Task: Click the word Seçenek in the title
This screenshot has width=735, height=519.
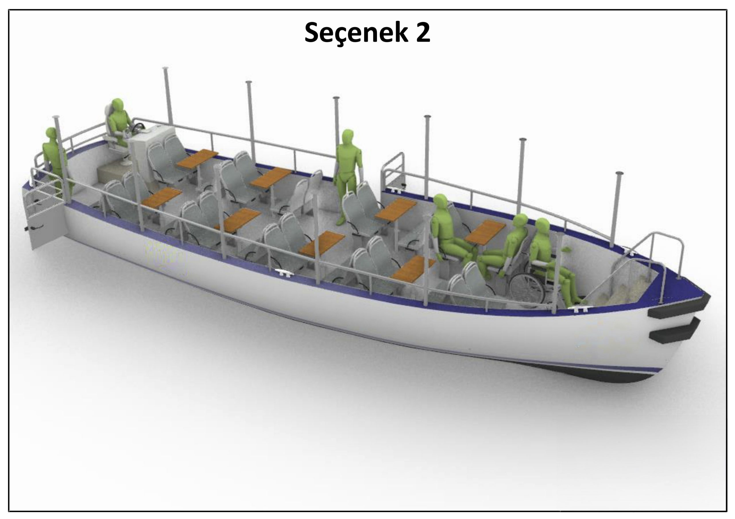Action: [x=355, y=33]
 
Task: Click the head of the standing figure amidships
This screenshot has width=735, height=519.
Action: [x=348, y=136]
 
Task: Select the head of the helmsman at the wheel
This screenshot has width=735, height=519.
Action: [x=117, y=105]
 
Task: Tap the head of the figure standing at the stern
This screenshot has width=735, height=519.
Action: [x=51, y=134]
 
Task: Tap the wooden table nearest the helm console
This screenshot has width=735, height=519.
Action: [x=197, y=158]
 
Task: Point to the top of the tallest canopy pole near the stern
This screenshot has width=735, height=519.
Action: [x=165, y=69]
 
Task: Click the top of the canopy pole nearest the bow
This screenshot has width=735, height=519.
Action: [x=619, y=173]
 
